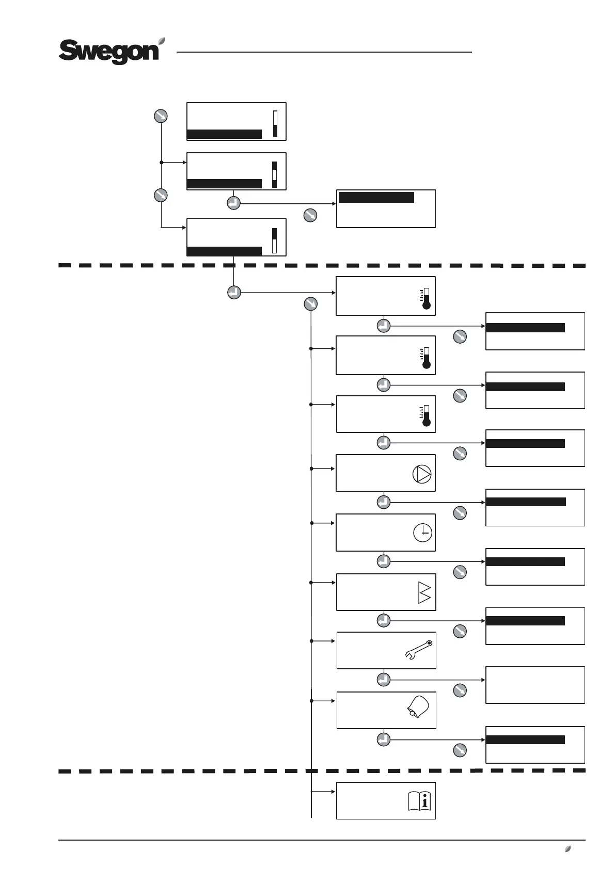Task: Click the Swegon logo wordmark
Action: tap(109, 52)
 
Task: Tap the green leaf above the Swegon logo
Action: tap(162, 40)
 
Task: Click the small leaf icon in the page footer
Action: tap(567, 848)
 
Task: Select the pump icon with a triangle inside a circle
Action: tap(422, 474)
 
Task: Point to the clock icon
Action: tap(423, 533)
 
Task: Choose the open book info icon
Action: tap(419, 801)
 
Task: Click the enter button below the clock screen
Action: tap(383, 561)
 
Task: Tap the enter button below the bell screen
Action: tap(383, 739)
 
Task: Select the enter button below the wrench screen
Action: tap(383, 679)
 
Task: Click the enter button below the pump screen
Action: tap(383, 502)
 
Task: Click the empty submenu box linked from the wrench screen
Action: tap(535, 685)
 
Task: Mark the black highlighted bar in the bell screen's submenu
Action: tap(525, 739)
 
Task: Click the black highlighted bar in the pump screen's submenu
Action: tap(526, 502)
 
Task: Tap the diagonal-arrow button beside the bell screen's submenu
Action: tap(460, 750)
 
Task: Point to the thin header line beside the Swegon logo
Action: tap(324, 52)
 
